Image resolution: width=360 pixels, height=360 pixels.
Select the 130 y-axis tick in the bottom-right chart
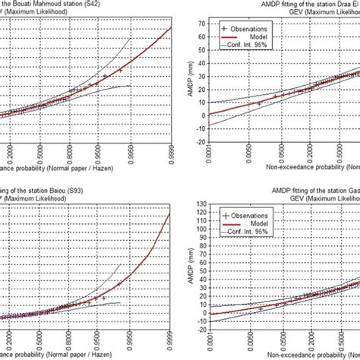point(201,204)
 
